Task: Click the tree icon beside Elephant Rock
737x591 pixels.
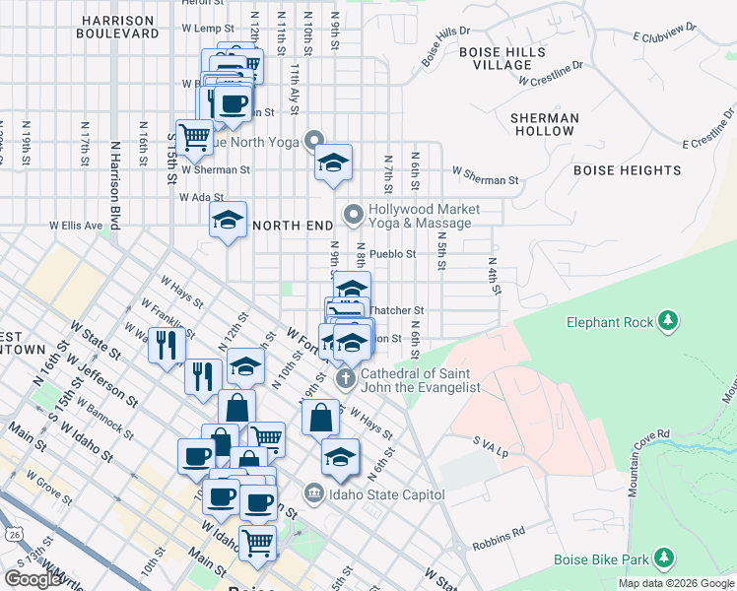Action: click(x=668, y=321)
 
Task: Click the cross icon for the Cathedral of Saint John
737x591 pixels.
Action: click(x=345, y=378)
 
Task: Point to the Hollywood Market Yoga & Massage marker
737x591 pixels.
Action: click(x=354, y=214)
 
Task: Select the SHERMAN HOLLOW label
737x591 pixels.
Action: click(x=545, y=124)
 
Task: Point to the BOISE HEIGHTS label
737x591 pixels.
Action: click(x=627, y=170)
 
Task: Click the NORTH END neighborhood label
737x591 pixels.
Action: click(x=293, y=226)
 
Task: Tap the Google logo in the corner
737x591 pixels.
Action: click(x=33, y=579)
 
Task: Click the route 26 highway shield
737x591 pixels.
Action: click(x=13, y=533)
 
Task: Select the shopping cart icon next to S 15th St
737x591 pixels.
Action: click(x=195, y=136)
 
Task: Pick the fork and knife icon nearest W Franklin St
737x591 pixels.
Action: click(x=166, y=345)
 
